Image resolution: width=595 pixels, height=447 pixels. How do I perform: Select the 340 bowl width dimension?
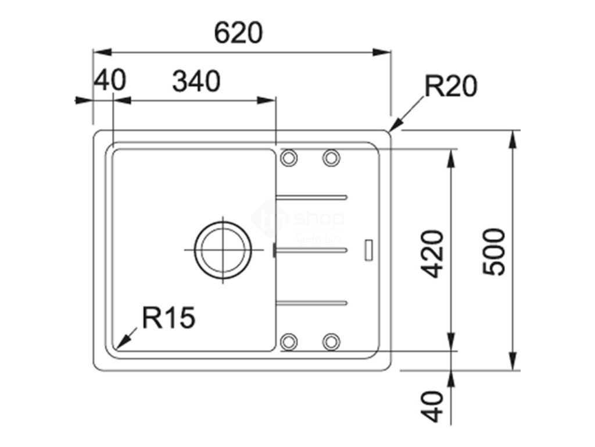click(x=196, y=81)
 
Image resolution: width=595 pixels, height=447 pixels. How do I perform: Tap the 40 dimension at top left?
click(x=110, y=80)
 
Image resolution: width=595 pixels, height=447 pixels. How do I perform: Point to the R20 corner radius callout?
click(x=450, y=87)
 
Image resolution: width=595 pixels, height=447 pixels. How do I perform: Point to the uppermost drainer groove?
click(x=312, y=196)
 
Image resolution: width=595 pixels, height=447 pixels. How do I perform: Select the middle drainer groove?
click(x=312, y=249)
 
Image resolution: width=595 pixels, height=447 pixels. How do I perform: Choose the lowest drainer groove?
click(x=312, y=301)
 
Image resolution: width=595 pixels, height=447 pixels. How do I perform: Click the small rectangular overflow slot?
click(x=368, y=249)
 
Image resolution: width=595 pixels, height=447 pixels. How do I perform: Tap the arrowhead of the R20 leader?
click(x=395, y=126)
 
